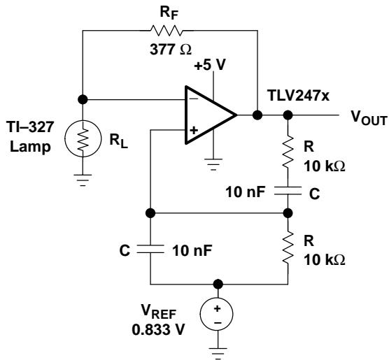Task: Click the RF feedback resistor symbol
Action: (x=167, y=31)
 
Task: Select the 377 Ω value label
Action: (x=171, y=50)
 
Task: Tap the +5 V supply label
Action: (x=210, y=65)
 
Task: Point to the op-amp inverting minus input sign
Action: (x=194, y=99)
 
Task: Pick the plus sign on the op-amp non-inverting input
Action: (x=194, y=130)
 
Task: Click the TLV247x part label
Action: (x=298, y=96)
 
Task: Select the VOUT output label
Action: (x=369, y=117)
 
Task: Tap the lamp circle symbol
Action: (x=83, y=138)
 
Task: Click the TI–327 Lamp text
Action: (x=30, y=136)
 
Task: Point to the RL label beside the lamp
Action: (x=119, y=141)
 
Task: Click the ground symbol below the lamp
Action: (x=83, y=180)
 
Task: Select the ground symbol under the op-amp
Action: (x=213, y=164)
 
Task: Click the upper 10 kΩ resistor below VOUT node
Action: (x=288, y=151)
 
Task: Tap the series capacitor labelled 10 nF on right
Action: (x=288, y=190)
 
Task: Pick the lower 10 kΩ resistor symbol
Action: (x=288, y=247)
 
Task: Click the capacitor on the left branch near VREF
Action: (x=150, y=249)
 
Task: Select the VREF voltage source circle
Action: (x=217, y=315)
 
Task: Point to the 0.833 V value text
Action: (x=159, y=330)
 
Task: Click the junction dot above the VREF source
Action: (x=218, y=284)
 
